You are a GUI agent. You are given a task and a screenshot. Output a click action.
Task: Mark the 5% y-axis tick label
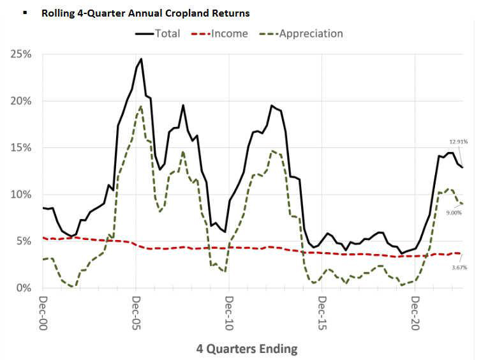tap(24, 241)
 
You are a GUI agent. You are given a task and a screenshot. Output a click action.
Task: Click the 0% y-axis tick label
tap(24, 288)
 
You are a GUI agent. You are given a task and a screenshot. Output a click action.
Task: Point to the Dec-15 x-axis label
tap(322, 311)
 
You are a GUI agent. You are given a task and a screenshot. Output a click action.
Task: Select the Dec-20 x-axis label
tap(415, 311)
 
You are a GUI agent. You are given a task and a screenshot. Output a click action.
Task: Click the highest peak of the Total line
tap(141, 59)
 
